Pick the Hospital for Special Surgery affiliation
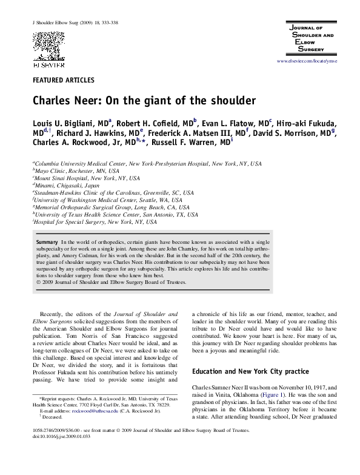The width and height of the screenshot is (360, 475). click(x=88, y=223)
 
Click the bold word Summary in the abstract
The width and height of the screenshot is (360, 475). click(x=47, y=241)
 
